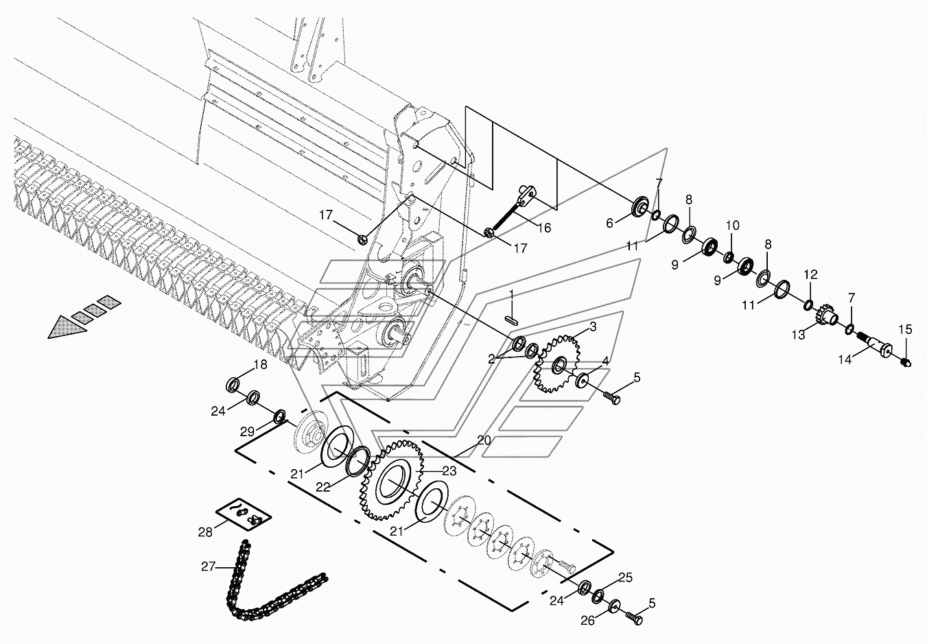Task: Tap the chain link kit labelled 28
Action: click(x=244, y=515)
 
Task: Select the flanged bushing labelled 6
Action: click(x=640, y=206)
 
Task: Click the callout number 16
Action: click(x=545, y=228)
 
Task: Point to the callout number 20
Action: click(x=483, y=440)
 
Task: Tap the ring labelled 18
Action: click(x=233, y=385)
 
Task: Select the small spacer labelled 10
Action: click(x=729, y=257)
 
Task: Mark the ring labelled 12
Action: click(x=808, y=306)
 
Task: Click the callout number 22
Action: click(x=322, y=487)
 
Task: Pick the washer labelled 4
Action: click(x=583, y=381)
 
